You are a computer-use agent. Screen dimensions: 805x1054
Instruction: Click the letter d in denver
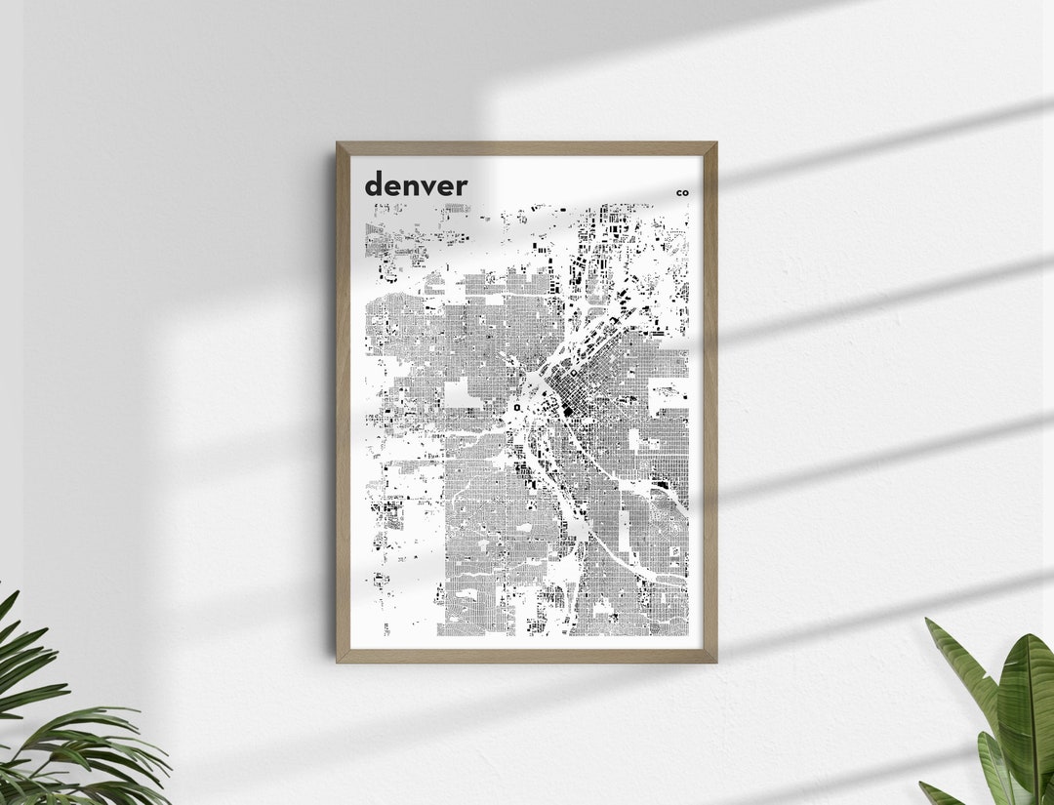pyautogui.click(x=375, y=183)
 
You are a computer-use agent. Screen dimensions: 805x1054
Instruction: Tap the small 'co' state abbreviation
pyautogui.click(x=682, y=193)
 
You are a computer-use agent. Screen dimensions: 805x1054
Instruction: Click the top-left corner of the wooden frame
pyautogui.click(x=339, y=144)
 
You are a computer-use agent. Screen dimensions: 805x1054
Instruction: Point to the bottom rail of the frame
pyautogui.click(x=527, y=656)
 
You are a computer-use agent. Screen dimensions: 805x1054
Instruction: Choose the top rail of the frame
pyautogui.click(x=527, y=148)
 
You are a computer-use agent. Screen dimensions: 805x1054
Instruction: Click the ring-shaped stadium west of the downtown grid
pyautogui.click(x=516, y=408)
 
